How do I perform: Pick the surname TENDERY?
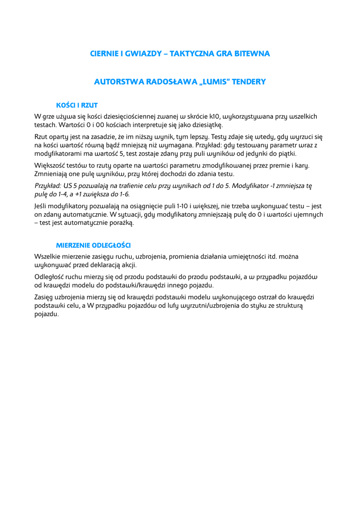tap(248, 82)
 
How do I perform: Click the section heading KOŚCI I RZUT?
tap(77, 105)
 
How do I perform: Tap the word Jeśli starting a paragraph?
tap(42, 206)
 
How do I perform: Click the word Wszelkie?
tap(49, 256)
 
